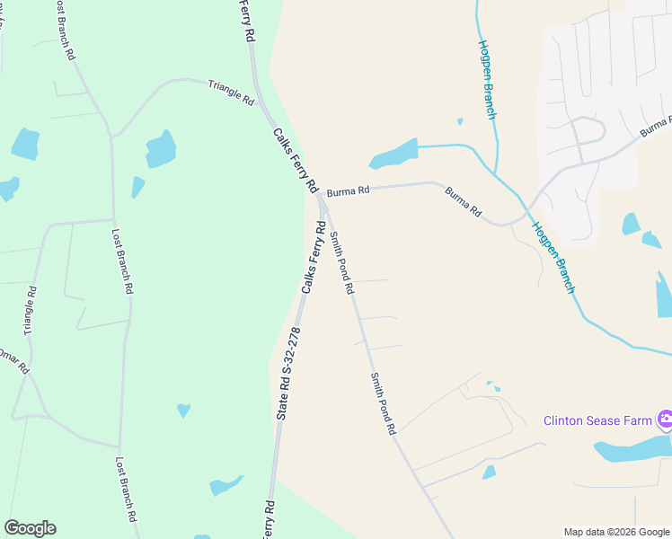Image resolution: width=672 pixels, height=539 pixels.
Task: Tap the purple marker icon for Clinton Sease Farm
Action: pos(665,420)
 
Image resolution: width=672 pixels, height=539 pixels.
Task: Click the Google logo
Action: pos(30,528)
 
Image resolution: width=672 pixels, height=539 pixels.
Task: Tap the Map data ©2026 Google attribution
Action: pos(616,532)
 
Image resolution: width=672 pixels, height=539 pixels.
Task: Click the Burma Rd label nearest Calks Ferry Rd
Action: pos(348,191)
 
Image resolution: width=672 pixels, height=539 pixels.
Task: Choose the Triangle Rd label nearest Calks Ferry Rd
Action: pos(231,93)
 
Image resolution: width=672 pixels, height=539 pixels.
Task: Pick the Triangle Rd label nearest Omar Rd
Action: pos(31,311)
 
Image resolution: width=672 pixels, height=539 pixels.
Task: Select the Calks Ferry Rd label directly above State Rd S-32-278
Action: pos(314,258)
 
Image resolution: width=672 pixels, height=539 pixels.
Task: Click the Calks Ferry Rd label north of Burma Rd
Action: pos(296,160)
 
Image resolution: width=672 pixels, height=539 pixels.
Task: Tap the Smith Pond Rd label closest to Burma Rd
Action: pos(341,263)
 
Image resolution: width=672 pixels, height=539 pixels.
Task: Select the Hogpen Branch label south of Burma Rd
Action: pos(553,257)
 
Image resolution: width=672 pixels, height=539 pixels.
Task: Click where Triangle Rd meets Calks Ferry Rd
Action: pos(261,105)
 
